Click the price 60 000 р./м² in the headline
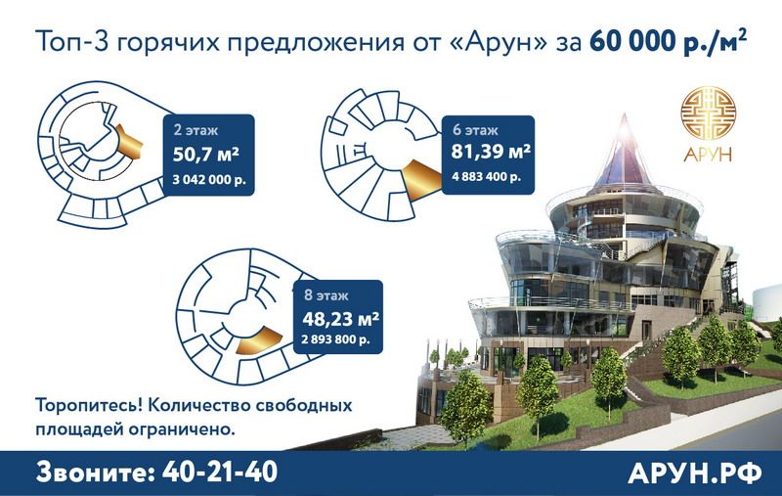click(668, 40)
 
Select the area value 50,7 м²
click(206, 155)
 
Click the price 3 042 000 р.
click(209, 180)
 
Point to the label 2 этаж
click(195, 130)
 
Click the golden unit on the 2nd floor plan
click(129, 142)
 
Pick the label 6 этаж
click(475, 130)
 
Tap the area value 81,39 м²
click(491, 152)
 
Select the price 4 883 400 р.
click(486, 177)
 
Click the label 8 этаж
click(326, 295)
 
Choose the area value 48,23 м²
click(340, 318)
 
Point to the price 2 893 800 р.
click(335, 339)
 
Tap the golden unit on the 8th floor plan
click(258, 341)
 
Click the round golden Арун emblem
click(708, 113)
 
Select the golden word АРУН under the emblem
click(708, 155)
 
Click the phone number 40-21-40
click(220, 473)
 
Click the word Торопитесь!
click(89, 405)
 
